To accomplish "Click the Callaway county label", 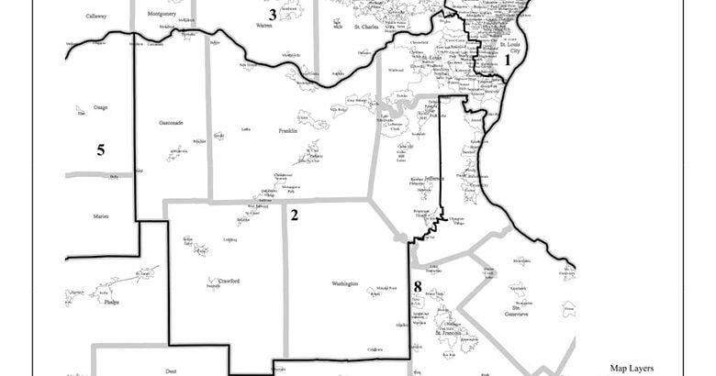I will coord(95,17).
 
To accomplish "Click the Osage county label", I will coord(100,107).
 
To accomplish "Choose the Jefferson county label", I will coord(433,178).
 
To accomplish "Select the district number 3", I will coord(272,14).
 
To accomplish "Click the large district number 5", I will coord(101,149).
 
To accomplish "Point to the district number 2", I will coord(294,216).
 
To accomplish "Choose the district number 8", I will coord(418,286).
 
